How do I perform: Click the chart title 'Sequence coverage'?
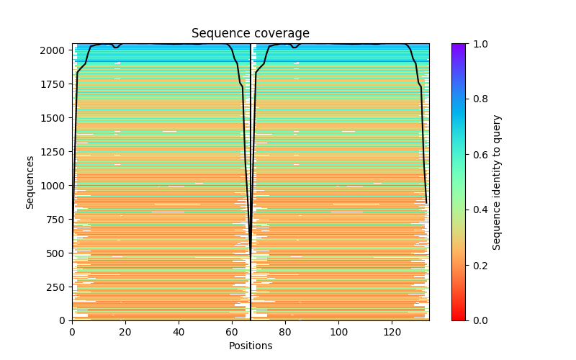pyautogui.click(x=251, y=34)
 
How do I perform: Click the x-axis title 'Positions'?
pyautogui.click(x=251, y=346)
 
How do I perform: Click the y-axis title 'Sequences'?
pyautogui.click(x=30, y=181)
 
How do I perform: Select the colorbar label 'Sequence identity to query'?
pyautogui.click(x=497, y=181)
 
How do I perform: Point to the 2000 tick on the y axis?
pyautogui.click(x=58, y=50)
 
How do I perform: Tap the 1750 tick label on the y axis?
pyautogui.click(x=58, y=84)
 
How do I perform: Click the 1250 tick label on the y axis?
pyautogui.click(x=58, y=152)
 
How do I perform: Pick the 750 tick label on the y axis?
pyautogui.click(x=60, y=220)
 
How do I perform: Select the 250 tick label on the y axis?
pyautogui.click(x=60, y=287)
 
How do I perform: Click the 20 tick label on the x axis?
pyautogui.click(x=125, y=332)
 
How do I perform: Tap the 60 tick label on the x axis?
pyautogui.click(x=232, y=332)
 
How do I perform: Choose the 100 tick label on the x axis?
pyautogui.click(x=338, y=332)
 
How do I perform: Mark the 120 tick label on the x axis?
pyautogui.click(x=392, y=332)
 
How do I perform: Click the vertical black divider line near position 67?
pyautogui.click(x=251, y=180)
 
